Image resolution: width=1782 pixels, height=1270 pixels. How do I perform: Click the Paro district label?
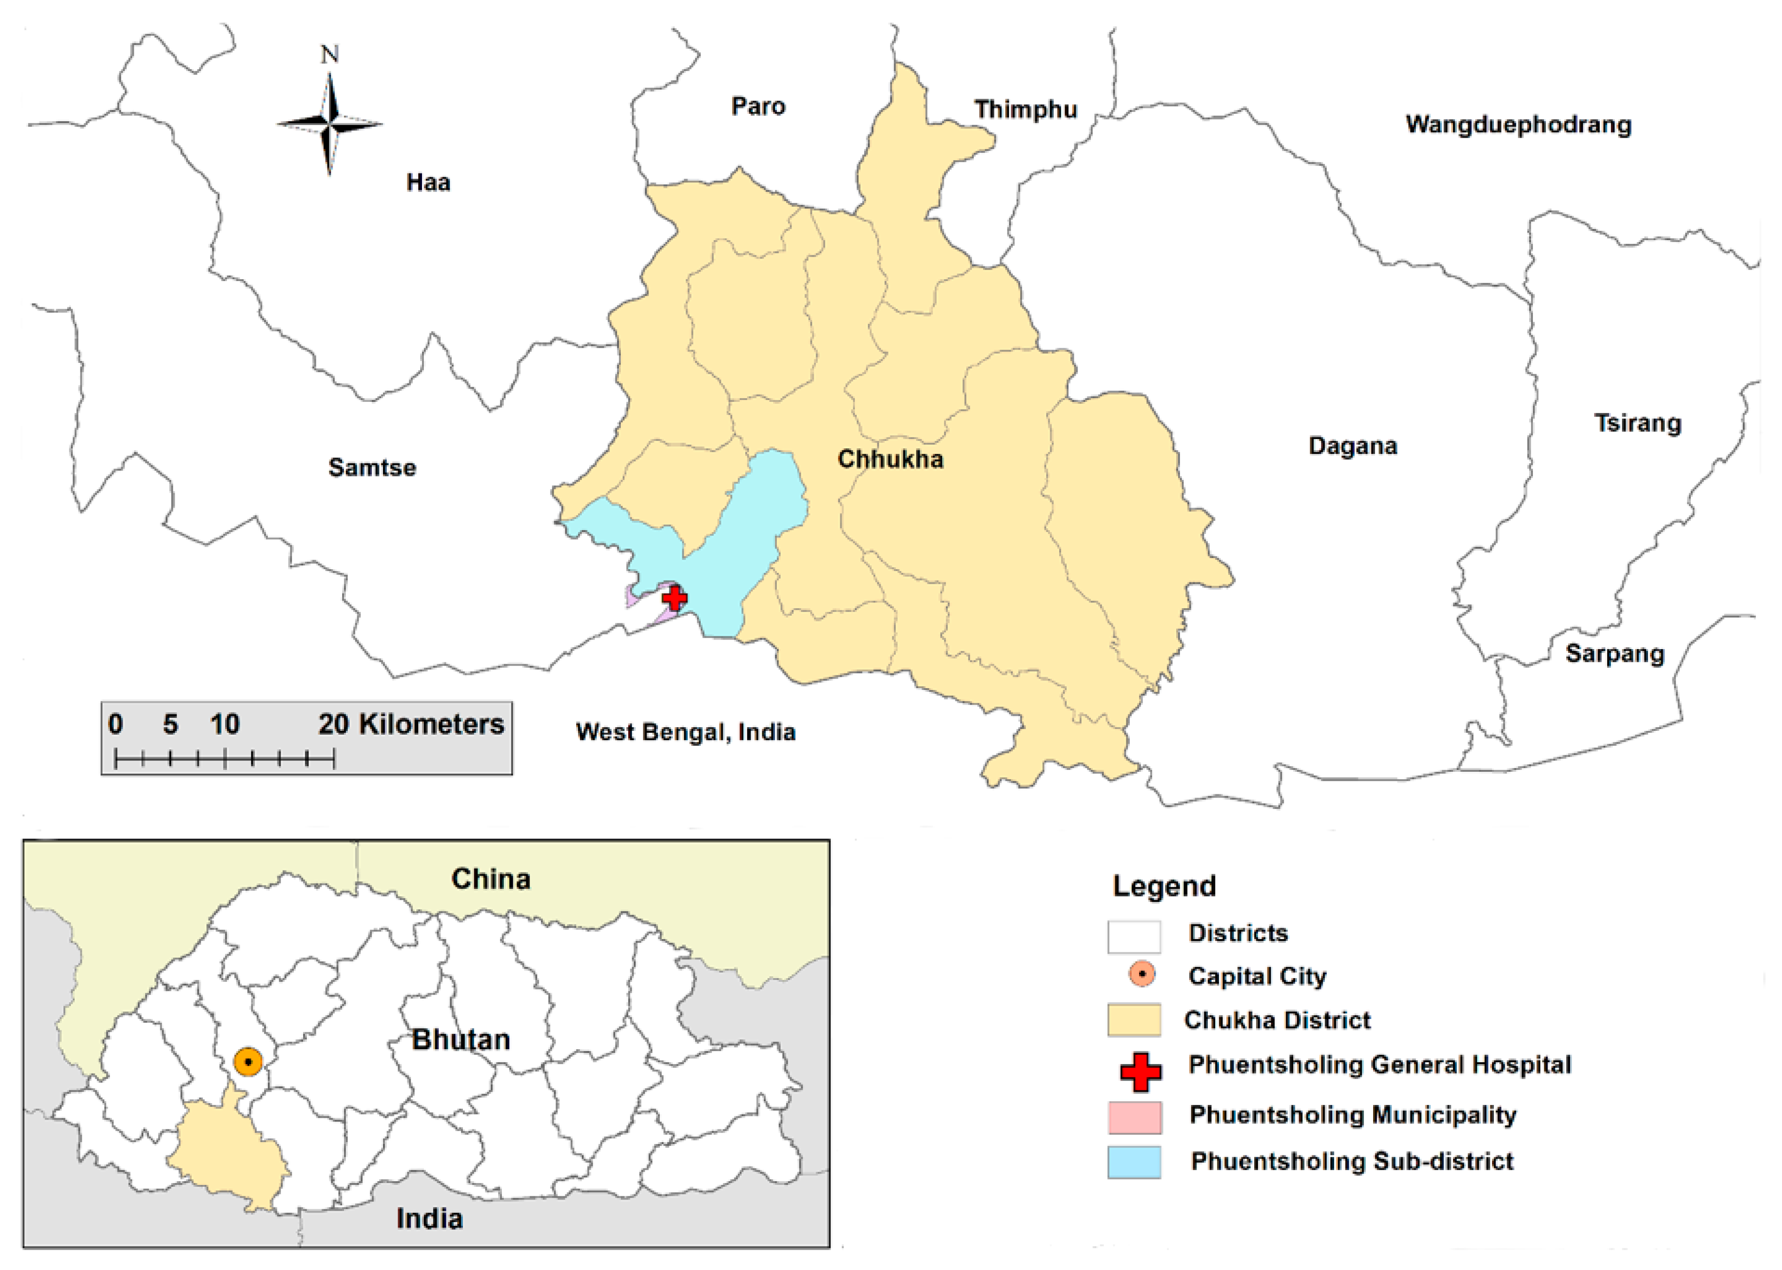(758, 106)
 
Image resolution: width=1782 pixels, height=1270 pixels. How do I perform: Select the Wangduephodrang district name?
(1518, 125)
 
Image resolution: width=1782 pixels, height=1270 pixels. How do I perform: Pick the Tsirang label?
(1637, 423)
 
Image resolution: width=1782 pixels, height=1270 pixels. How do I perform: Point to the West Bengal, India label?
(685, 732)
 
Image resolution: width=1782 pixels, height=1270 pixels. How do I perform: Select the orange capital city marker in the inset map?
(248, 1062)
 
